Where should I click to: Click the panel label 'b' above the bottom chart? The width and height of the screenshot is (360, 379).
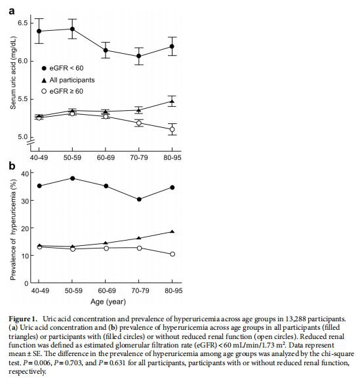coord(12,167)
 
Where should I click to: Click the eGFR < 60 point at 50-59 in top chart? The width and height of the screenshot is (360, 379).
coord(72,29)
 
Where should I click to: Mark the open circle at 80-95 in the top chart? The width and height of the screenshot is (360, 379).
coord(172,130)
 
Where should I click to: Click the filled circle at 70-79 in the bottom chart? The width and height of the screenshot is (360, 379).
coord(139,199)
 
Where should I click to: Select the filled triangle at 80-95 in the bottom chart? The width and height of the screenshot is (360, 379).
coord(172,231)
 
